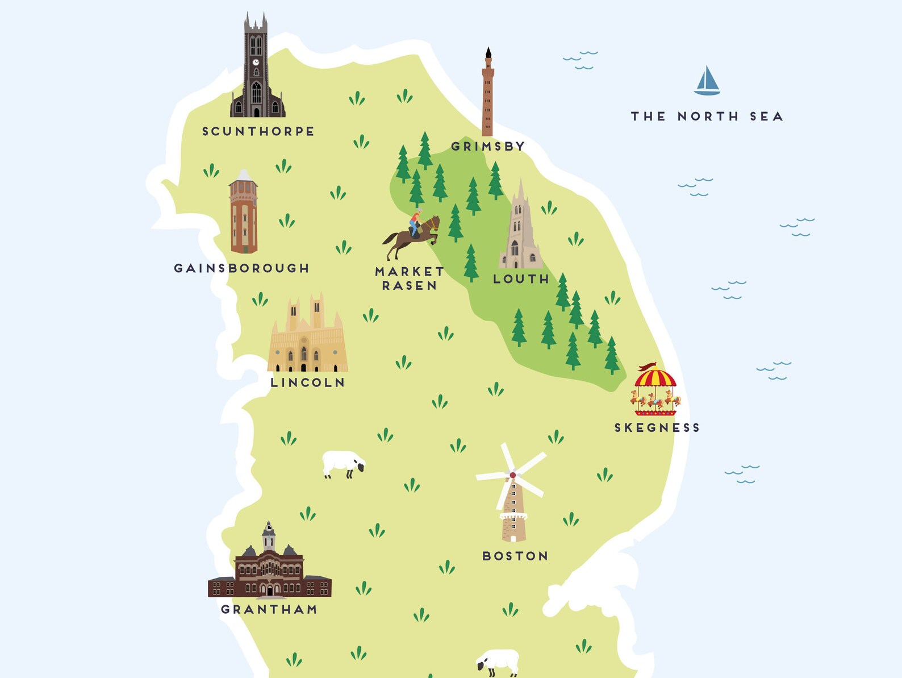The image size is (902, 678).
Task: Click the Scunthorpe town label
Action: (x=258, y=131)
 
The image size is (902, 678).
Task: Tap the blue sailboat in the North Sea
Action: (x=707, y=81)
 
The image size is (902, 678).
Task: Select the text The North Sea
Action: (x=707, y=117)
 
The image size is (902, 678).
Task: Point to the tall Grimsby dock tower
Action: (x=487, y=94)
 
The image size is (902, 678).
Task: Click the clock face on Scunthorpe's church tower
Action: (x=256, y=62)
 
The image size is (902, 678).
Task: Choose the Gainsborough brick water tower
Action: (x=244, y=213)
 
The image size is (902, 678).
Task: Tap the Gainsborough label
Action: (x=241, y=268)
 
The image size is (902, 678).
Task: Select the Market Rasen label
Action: (x=409, y=278)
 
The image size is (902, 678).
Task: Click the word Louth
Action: (x=521, y=279)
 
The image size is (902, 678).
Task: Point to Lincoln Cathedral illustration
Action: (x=307, y=335)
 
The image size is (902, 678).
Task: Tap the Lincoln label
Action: (x=307, y=383)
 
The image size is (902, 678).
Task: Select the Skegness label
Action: (x=657, y=428)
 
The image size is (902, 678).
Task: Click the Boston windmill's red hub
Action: (x=513, y=475)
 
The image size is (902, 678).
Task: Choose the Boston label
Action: (x=515, y=556)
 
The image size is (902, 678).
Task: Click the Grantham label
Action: (x=269, y=609)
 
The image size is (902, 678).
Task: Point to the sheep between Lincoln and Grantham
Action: (x=343, y=464)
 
